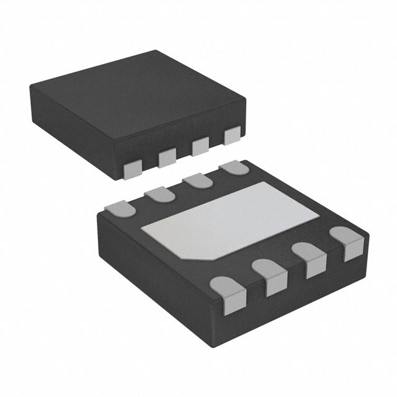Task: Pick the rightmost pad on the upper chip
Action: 232,136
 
